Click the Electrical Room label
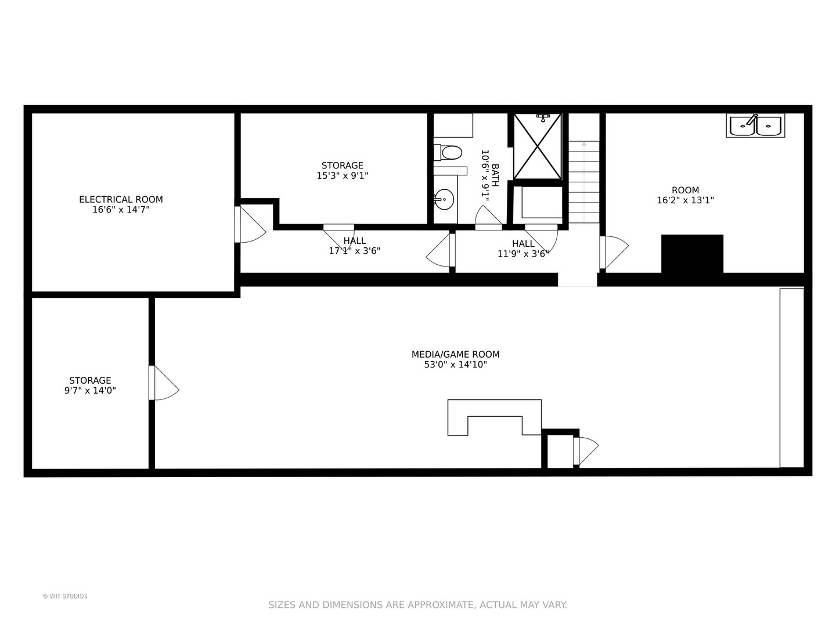121,199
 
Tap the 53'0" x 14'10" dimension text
455,365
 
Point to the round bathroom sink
445,199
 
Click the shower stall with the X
538,146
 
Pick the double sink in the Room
755,125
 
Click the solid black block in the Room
692,254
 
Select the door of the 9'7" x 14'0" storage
163,383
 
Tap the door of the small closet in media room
585,451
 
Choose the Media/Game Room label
455,354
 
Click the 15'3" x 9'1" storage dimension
343,175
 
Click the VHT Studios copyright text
65,596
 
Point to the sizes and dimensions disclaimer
417,605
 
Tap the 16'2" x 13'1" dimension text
685,200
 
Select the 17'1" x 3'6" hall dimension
354,251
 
